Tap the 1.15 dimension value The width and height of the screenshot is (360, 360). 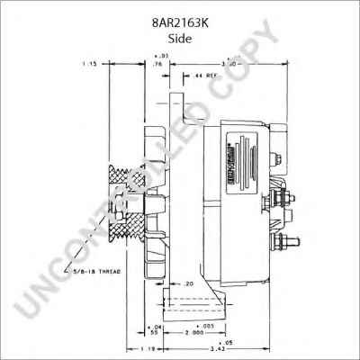(88, 65)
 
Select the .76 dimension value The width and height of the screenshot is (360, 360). (157, 65)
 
